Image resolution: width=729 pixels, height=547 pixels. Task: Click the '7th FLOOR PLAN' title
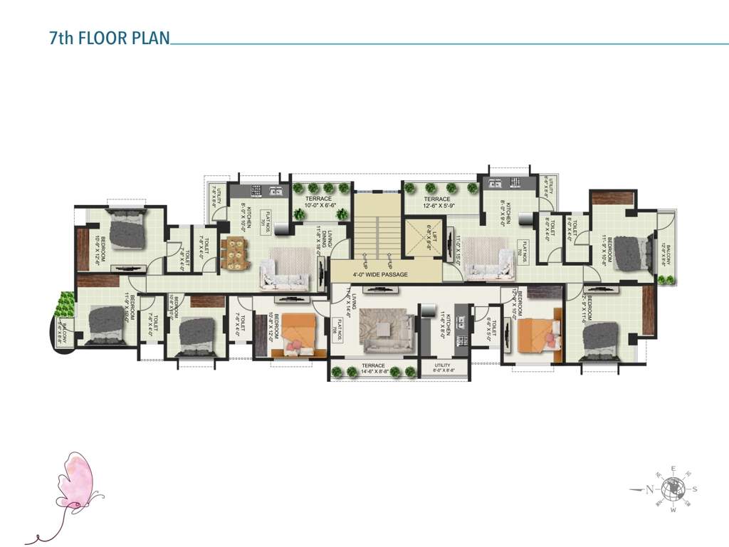click(110, 38)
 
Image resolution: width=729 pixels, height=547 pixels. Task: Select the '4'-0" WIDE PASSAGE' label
click(381, 274)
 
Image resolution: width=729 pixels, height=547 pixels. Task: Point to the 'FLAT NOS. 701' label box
click(264, 217)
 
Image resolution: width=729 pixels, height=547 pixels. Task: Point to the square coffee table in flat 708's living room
click(385, 328)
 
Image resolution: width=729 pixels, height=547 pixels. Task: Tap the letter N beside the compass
click(649, 489)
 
